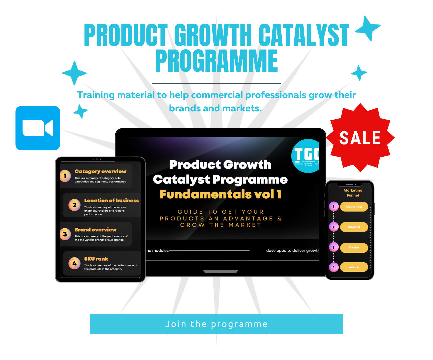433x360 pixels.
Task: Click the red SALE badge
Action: (x=360, y=138)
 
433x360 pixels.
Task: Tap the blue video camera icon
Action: (x=38, y=128)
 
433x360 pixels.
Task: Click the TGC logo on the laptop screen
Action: (x=306, y=156)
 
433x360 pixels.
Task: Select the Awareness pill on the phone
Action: (x=354, y=207)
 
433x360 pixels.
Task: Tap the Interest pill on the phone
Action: (x=354, y=227)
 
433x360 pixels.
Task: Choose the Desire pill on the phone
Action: (x=354, y=248)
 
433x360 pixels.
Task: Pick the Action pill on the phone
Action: (x=354, y=267)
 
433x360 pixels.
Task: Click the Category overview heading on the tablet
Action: (x=100, y=171)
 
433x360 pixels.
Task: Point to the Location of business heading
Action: (x=111, y=200)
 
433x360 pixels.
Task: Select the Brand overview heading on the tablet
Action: (x=95, y=230)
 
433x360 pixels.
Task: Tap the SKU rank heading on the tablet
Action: (x=96, y=259)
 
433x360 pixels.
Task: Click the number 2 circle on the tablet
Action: (x=74, y=205)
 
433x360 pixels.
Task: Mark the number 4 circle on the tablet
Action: (x=74, y=263)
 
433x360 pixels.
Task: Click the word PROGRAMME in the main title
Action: (x=217, y=61)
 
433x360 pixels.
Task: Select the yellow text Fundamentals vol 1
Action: (x=220, y=194)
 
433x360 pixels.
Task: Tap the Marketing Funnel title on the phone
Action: (x=353, y=193)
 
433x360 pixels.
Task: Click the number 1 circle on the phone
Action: (x=333, y=206)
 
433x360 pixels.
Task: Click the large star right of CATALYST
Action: (x=368, y=28)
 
